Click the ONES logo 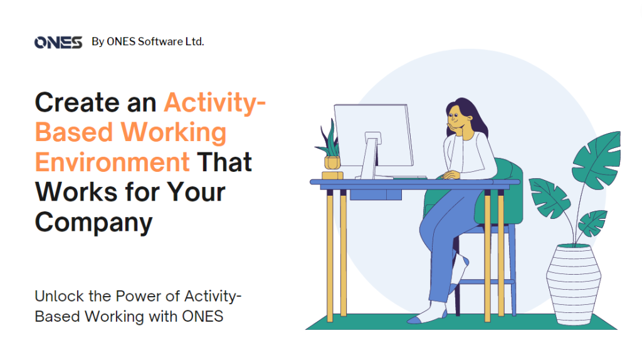pyautogui.click(x=58, y=43)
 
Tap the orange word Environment pyautogui.click(x=112, y=162)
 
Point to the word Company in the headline pyautogui.click(x=93, y=222)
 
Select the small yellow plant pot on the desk pyautogui.click(x=332, y=163)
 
